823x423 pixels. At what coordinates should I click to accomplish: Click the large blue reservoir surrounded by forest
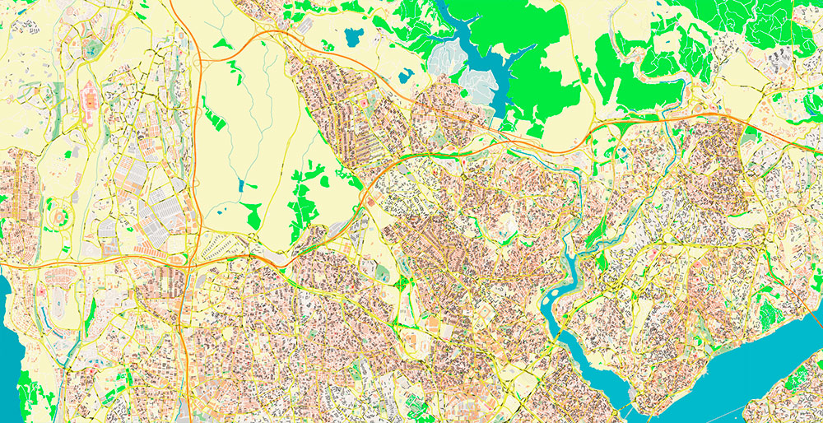point(473,49)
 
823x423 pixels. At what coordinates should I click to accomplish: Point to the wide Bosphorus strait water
point(741,362)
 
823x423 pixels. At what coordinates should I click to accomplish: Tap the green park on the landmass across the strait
point(802,387)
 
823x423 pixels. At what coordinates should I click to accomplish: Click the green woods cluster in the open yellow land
point(305,198)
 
